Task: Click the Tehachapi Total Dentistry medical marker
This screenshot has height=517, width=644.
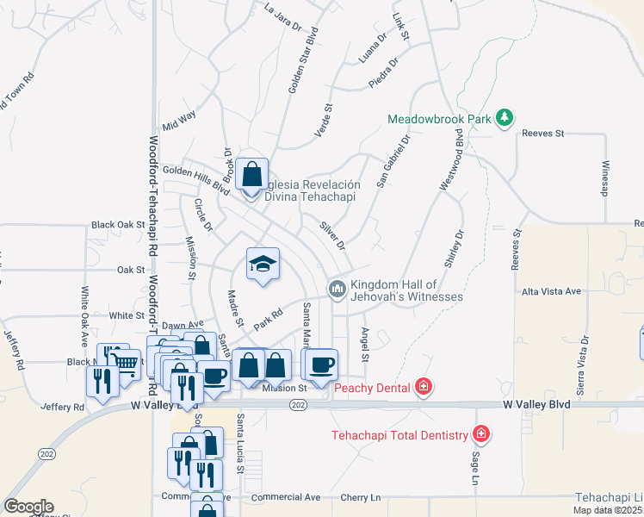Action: [x=480, y=433]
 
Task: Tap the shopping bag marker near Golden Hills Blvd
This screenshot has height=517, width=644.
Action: [x=251, y=175]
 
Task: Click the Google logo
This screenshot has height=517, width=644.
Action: [x=28, y=507]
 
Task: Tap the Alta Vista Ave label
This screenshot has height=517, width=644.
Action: [x=552, y=292]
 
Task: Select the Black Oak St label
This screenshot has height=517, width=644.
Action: [x=118, y=225]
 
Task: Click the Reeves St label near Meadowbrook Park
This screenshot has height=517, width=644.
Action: [x=542, y=134]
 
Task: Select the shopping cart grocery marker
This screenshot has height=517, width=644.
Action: [x=127, y=365]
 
